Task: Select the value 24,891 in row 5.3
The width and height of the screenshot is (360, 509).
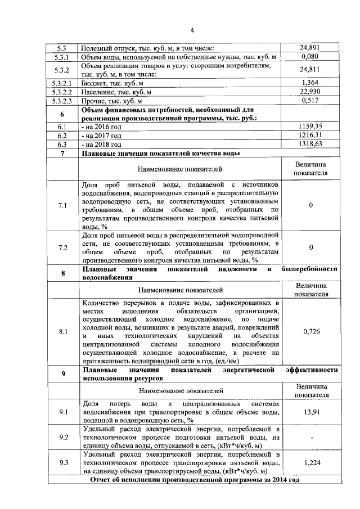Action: pyautogui.click(x=310, y=48)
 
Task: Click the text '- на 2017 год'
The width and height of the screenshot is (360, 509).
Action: pyautogui.click(x=102, y=136)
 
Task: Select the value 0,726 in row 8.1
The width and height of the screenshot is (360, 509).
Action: pyautogui.click(x=310, y=331)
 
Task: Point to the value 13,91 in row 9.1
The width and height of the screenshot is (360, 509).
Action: pyautogui.click(x=310, y=413)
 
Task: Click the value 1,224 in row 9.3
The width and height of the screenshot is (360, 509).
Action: pyautogui.click(x=310, y=462)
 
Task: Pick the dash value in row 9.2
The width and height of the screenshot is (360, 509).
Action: pyautogui.click(x=310, y=437)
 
